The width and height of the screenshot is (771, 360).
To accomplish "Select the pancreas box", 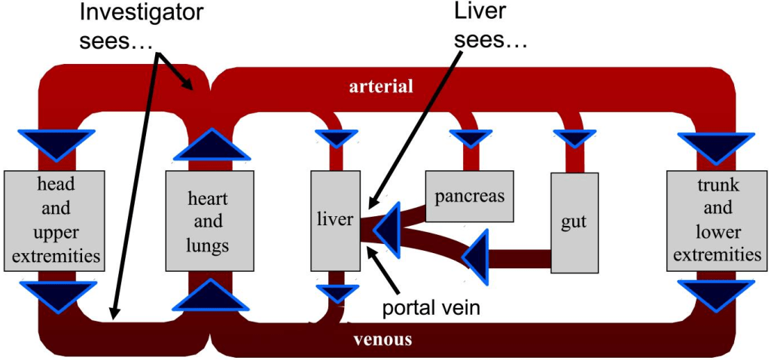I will pos(469,196).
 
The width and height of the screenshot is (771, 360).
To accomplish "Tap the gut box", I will pos(574,222).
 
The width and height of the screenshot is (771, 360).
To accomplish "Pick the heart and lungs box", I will pos(208,222).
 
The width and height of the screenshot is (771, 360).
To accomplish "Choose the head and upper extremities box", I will pos(52,220).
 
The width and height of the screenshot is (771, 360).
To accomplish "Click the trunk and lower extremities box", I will pos(717,220).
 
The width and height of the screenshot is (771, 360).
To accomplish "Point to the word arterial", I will pos(381,87).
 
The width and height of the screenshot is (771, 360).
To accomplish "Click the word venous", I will pos(382,340).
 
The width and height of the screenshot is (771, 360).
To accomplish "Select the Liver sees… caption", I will pos(490,23).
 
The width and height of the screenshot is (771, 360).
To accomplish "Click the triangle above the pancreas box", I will pos(472,138).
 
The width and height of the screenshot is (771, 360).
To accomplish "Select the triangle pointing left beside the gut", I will pos(477,255).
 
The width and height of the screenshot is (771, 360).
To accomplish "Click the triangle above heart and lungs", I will pos(211,145).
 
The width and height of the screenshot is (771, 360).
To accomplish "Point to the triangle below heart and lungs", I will pos(211,295).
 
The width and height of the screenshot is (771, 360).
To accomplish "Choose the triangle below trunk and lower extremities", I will pos(716,294).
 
